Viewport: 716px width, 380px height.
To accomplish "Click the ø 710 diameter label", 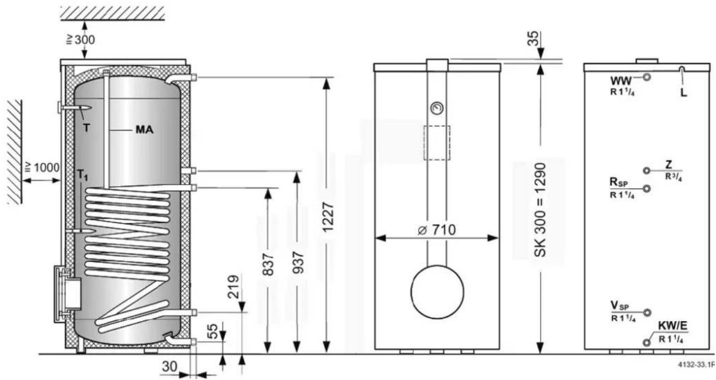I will point(436,229).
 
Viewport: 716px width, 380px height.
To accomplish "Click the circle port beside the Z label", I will point(647,170).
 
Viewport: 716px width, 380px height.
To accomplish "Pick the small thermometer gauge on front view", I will point(436,108).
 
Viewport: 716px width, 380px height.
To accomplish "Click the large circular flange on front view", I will point(437,291).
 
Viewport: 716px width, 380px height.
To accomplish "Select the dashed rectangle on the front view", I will point(437,142).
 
